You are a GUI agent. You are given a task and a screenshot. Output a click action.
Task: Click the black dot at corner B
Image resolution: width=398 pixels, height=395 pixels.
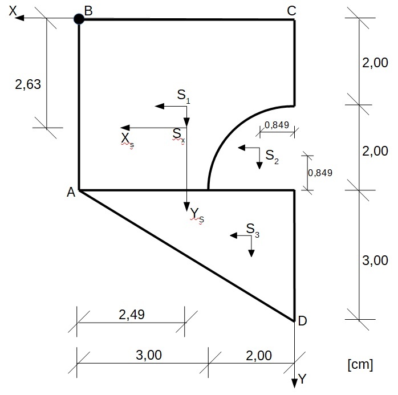[79, 19]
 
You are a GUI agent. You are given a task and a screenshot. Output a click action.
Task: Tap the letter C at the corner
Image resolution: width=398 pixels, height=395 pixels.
[291, 10]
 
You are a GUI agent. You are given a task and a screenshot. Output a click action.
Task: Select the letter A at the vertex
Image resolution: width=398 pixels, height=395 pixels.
[71, 193]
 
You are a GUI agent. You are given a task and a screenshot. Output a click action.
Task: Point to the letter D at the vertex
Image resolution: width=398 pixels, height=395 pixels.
[302, 321]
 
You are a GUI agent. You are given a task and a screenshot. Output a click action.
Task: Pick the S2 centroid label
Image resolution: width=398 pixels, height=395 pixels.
[272, 156]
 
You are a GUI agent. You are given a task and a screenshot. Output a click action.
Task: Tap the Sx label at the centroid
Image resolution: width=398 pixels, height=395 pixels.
[178, 135]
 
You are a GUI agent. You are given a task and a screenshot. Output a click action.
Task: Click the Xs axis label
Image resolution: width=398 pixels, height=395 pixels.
[127, 140]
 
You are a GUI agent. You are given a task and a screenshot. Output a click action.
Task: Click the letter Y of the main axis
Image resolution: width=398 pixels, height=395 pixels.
[303, 379]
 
